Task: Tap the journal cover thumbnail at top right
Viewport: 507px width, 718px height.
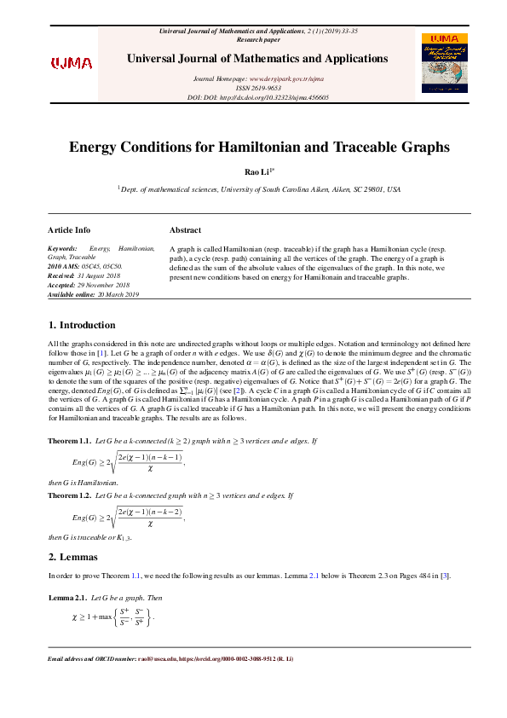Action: [x=444, y=63]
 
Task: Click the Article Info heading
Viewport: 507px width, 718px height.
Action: [x=69, y=230]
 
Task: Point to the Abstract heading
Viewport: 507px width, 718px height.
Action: [x=186, y=230]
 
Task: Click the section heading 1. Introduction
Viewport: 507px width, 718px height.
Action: [x=82, y=325]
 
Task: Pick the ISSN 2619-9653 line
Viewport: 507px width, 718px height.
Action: [x=257, y=88]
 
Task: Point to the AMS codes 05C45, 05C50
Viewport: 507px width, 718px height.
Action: [x=109, y=264]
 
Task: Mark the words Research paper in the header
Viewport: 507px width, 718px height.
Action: [x=257, y=39]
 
